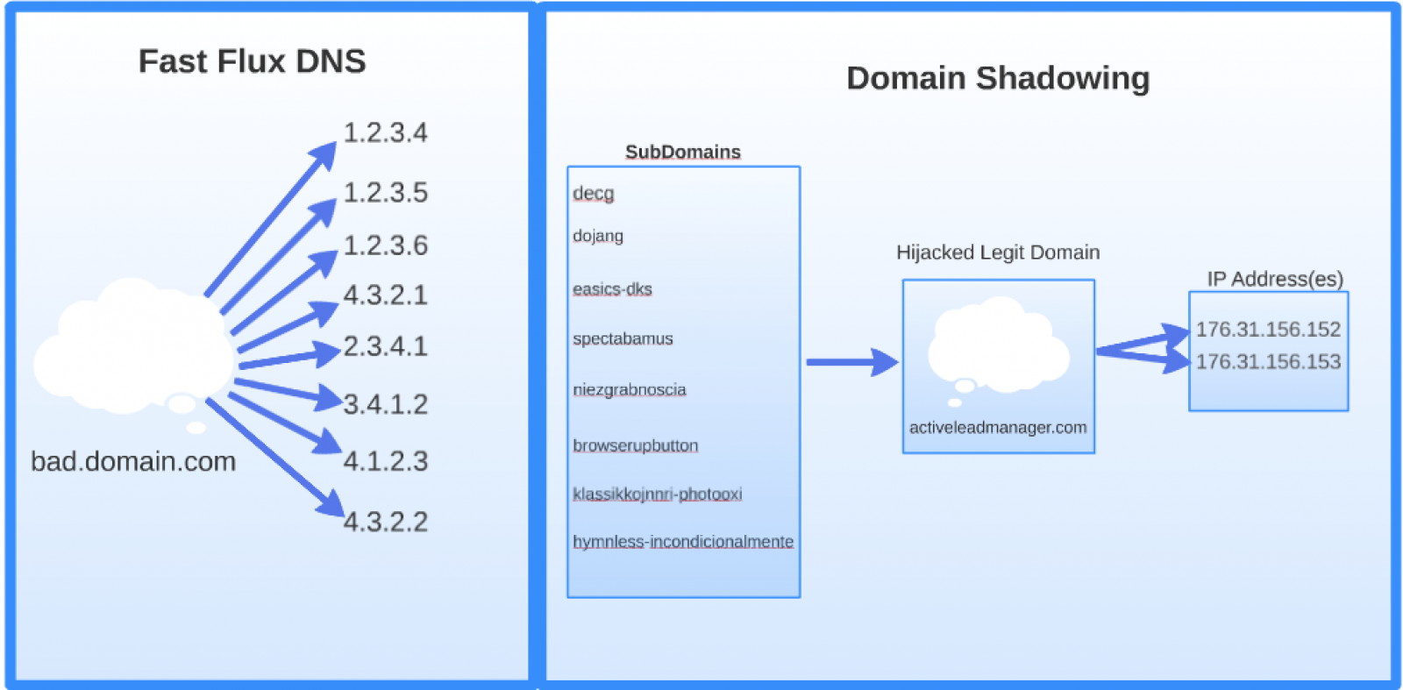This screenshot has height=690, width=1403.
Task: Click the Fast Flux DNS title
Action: click(252, 61)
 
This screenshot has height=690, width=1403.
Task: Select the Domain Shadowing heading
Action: click(997, 78)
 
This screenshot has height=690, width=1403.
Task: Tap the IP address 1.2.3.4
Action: click(385, 133)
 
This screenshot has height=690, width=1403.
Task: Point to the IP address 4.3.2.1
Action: click(385, 295)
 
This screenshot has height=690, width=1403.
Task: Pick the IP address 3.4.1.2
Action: click(385, 404)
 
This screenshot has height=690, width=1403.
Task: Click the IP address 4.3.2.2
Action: click(385, 522)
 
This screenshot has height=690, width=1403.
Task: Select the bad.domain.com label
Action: click(133, 461)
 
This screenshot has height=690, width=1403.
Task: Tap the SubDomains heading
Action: click(682, 152)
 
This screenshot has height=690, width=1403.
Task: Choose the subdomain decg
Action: click(593, 193)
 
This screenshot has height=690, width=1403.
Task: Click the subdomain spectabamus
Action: click(623, 338)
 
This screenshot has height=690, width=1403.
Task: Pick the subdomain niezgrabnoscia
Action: click(629, 389)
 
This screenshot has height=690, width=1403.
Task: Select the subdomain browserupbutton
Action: click(635, 445)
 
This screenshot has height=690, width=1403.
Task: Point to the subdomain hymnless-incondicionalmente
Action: click(682, 542)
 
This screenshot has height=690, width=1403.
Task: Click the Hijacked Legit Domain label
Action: click(997, 253)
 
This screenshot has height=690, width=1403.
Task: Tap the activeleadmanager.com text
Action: click(997, 428)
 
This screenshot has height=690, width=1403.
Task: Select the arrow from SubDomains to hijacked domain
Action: click(851, 361)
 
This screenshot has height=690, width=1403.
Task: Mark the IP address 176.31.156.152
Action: click(1268, 330)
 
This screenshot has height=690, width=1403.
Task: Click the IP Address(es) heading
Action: click(1274, 279)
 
